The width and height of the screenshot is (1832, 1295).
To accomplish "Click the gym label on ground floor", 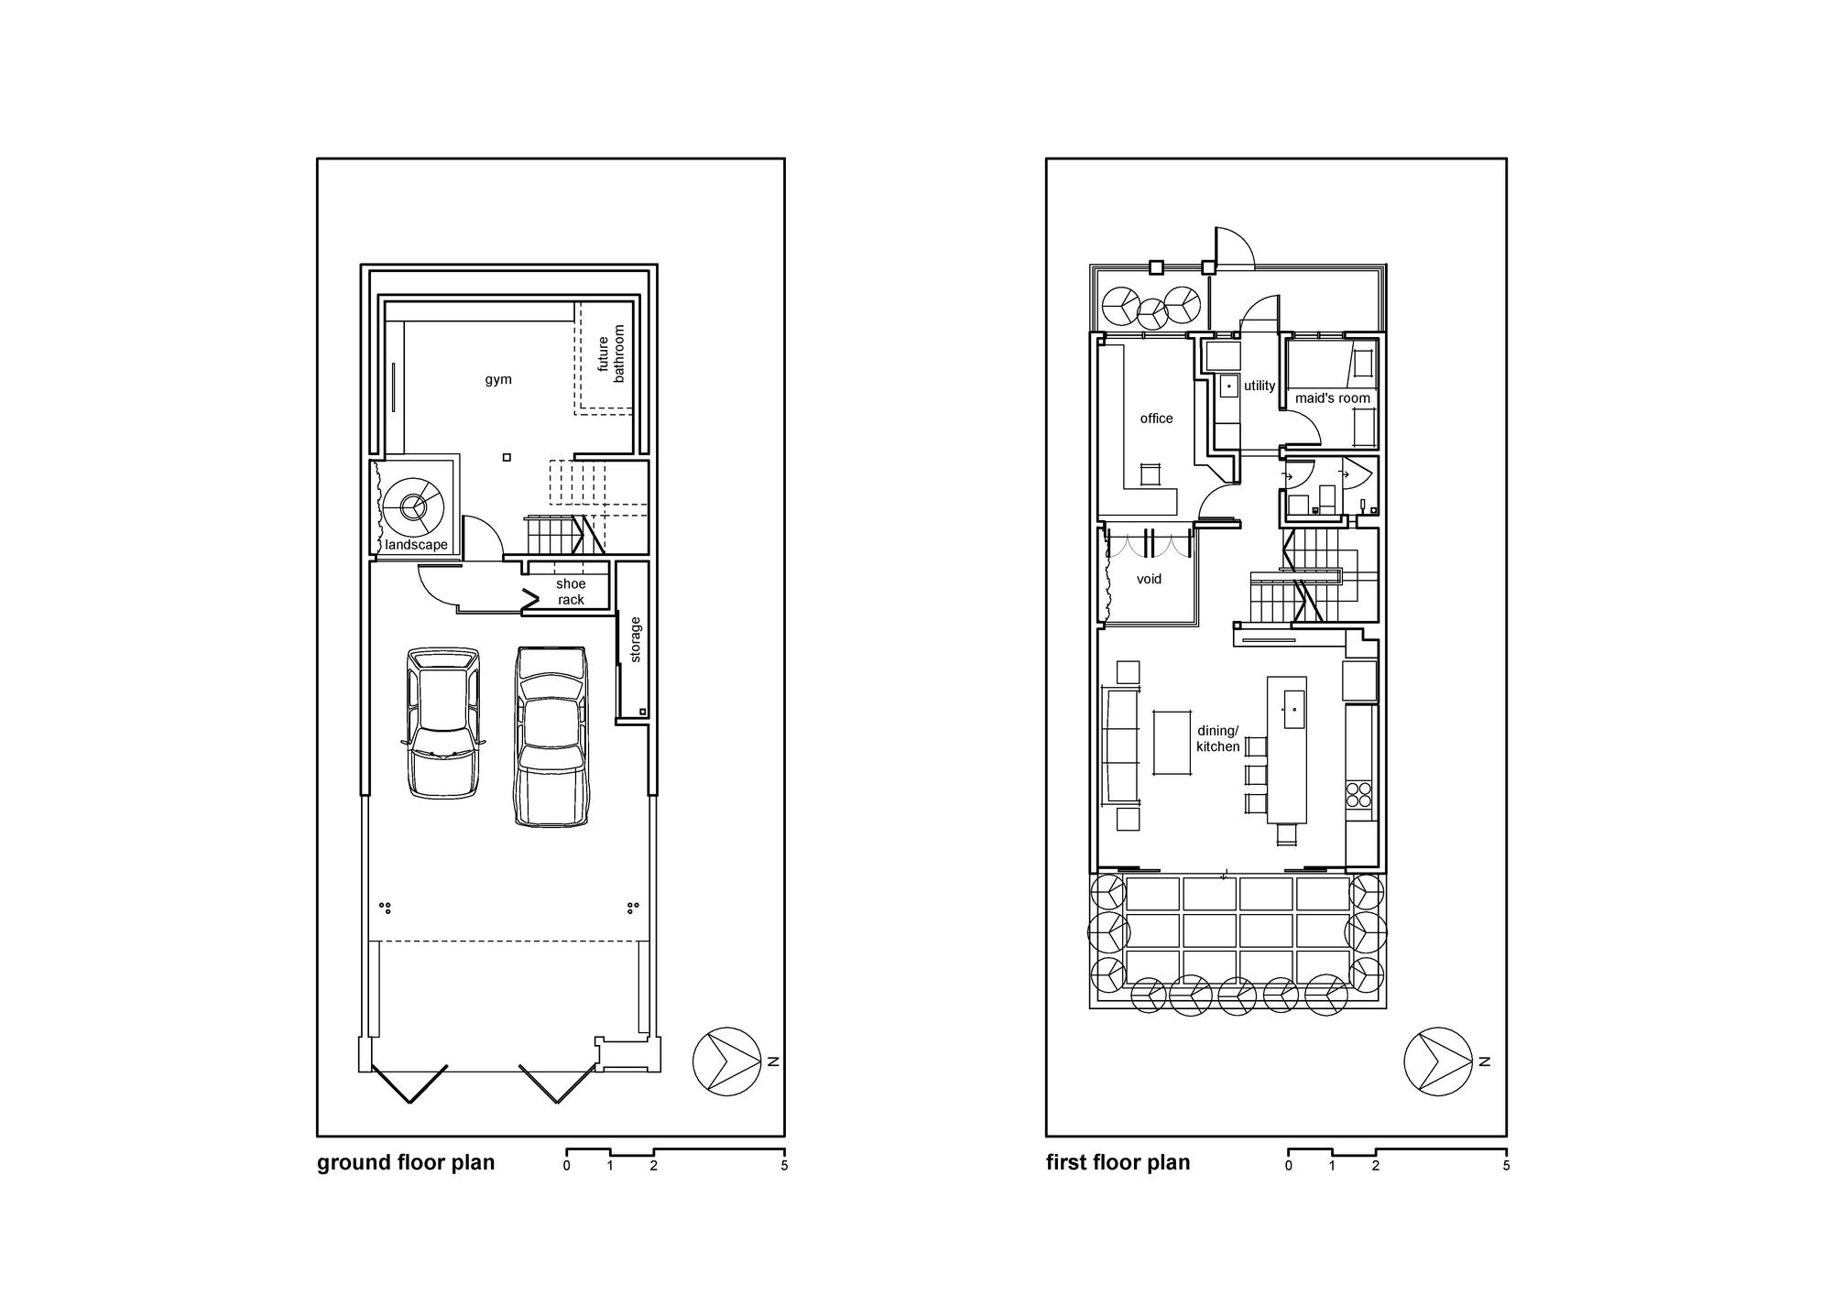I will coord(498,379).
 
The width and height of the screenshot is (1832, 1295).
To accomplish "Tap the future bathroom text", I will coord(611,354).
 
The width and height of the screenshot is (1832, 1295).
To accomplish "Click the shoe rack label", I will coord(571,592).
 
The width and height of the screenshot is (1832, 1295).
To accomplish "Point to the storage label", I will coord(635,639).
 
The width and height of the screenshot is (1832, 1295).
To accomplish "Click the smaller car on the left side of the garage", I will coord(443,723).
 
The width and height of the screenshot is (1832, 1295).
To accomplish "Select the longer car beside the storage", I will coord(551,736).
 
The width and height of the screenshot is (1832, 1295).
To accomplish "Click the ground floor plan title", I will coord(406,1162).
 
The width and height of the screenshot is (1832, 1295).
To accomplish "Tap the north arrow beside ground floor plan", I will coord(727,1061).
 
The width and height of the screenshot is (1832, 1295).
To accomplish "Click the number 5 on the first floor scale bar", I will coord(1506,1166).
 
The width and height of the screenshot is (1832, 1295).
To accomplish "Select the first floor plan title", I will coord(1118,1162).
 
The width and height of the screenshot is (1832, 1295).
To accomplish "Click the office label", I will coord(1156,419).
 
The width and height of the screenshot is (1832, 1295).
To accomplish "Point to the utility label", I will coord(1259,386).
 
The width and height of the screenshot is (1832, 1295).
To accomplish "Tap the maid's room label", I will coord(1333,398).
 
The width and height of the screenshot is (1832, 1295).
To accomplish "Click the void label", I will coord(1149,579).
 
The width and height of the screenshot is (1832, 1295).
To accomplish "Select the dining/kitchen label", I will coord(1217,739).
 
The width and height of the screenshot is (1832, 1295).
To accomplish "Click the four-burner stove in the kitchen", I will coord(1359,794).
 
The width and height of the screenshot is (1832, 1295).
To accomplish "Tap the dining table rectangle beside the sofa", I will coord(1172,742).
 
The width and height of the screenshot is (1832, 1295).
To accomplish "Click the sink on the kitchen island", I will coord(1294,709).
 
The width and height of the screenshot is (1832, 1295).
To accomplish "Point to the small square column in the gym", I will coord(507,457).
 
